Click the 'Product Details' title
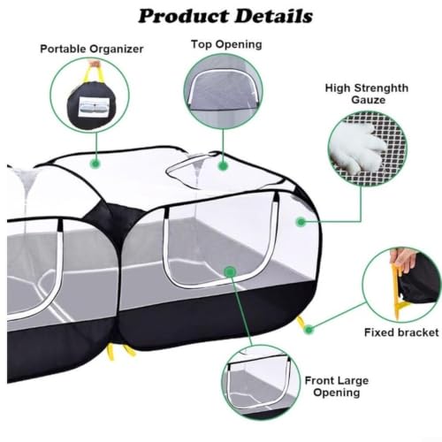coord(225,16)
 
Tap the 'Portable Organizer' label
coord(92,49)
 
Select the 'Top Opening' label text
coord(226,44)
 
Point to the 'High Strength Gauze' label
coord(367,94)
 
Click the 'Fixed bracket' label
coord(401,332)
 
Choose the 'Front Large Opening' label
coord(337,386)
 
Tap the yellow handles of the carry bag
coord(94,72)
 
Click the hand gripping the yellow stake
coord(403,260)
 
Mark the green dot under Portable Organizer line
coord(95,164)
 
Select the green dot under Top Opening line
coord(223,165)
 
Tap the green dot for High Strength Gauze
coord(301,222)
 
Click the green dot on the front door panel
coord(230,271)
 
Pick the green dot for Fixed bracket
coord(309,330)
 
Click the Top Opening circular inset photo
coord(223,91)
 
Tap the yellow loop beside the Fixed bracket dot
coord(301,324)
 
